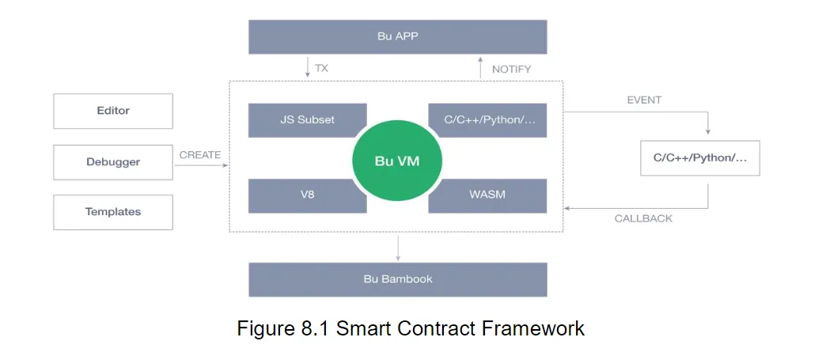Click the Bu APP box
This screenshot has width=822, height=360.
tap(397, 37)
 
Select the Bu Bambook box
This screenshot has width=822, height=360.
tap(397, 279)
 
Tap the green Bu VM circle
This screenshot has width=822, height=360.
tap(397, 161)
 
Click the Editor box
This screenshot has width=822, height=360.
tap(113, 111)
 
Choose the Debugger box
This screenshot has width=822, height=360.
tap(113, 162)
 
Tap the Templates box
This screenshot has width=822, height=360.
tap(113, 212)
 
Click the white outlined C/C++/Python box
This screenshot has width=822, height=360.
tap(700, 157)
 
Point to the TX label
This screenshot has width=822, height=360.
tap(321, 68)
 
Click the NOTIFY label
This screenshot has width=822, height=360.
tap(512, 69)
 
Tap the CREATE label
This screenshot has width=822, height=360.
tap(200, 155)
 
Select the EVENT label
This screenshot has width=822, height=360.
tap(644, 100)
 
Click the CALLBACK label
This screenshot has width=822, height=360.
tap(643, 218)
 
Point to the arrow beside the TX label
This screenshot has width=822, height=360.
tap(308, 67)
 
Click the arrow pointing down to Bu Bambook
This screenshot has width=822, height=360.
tap(398, 248)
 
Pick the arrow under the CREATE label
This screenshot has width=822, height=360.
tap(201, 165)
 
